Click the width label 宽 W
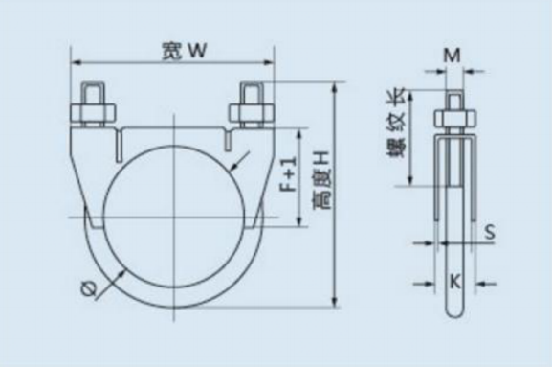point(179,53)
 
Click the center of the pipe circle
point(173,219)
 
